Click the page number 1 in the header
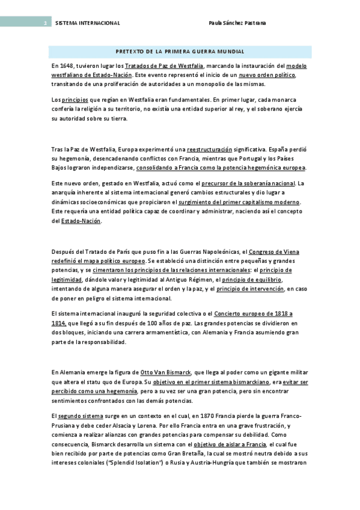[44, 23]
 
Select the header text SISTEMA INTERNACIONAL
[87, 23]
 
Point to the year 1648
[69, 65]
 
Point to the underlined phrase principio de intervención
[250, 289]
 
